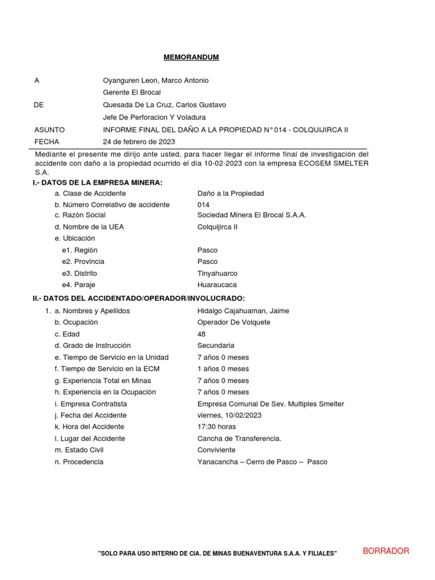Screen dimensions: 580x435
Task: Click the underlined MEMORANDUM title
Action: pyautogui.click(x=191, y=57)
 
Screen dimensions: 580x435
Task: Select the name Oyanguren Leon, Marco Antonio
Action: pyautogui.click(x=155, y=80)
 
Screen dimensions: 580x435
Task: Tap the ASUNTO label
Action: pyautogui.click(x=49, y=130)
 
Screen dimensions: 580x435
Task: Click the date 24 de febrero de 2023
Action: pyautogui.click(x=139, y=142)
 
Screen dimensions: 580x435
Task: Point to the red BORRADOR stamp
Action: pyautogui.click(x=386, y=551)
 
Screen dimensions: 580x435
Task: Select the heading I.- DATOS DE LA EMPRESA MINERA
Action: pyautogui.click(x=97, y=182)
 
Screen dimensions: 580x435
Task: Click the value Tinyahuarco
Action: pyautogui.click(x=217, y=273)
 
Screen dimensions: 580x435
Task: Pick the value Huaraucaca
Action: pyautogui.click(x=217, y=285)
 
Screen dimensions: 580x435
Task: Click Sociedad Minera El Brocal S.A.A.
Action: pyautogui.click(x=251, y=215)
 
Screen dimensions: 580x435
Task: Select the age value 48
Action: pyautogui.click(x=202, y=334)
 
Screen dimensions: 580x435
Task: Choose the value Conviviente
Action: pyautogui.click(x=217, y=450)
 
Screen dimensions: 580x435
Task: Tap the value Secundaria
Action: pyautogui.click(x=216, y=346)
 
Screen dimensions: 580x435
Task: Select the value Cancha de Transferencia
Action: pyautogui.click(x=239, y=438)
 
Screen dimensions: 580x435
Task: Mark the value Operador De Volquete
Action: pyautogui.click(x=234, y=322)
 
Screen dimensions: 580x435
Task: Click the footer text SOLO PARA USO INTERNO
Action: pyautogui.click(x=217, y=553)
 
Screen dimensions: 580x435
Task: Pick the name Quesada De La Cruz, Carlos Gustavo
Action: pyautogui.click(x=164, y=105)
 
